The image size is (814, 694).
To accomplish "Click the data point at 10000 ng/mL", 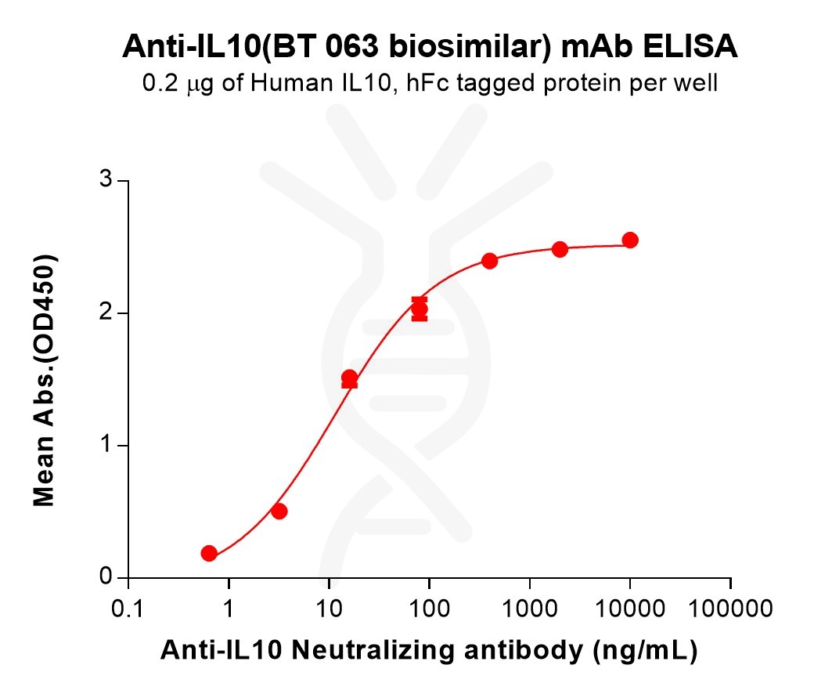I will pyautogui.click(x=629, y=240).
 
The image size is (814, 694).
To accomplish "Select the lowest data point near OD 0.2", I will pyautogui.click(x=209, y=553).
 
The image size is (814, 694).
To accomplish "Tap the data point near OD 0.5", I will pyautogui.click(x=279, y=511).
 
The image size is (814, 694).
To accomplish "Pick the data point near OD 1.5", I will pyautogui.click(x=349, y=378).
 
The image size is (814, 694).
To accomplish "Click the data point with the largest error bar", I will pyautogui.click(x=420, y=309).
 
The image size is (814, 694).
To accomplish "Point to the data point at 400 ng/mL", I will pyautogui.click(x=489, y=261).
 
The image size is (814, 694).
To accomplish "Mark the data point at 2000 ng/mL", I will pyautogui.click(x=560, y=249).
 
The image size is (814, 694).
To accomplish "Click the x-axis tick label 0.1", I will pyautogui.click(x=128, y=609).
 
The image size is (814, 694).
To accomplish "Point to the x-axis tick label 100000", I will pyautogui.click(x=730, y=609).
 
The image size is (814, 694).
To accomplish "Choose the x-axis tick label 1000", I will pyautogui.click(x=530, y=609).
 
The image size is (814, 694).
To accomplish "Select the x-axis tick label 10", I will pyautogui.click(x=329, y=609).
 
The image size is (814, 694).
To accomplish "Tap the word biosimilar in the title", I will pyautogui.click(x=461, y=48).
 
